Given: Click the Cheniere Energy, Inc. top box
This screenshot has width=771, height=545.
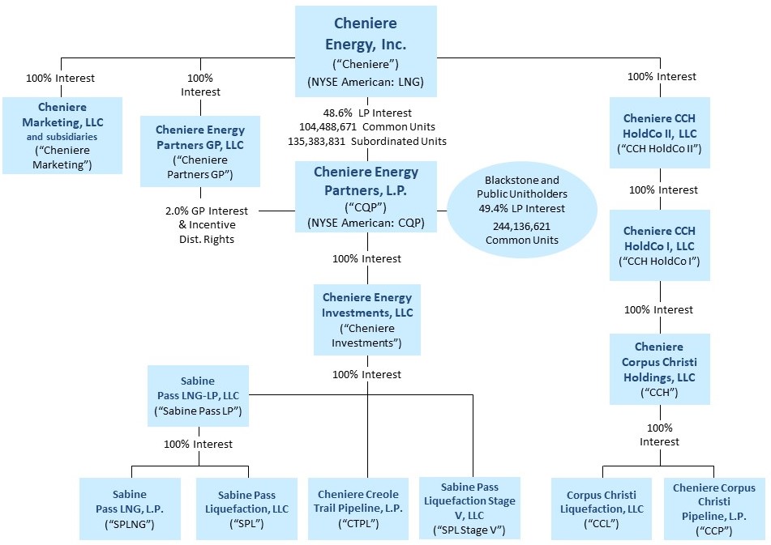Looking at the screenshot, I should tap(366, 50).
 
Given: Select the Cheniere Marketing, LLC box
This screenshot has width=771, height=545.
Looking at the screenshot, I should tap(62, 135).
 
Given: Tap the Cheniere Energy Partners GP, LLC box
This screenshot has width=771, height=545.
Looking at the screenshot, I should tap(200, 151).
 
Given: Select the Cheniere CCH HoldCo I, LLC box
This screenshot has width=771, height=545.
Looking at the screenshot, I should tap(659, 245).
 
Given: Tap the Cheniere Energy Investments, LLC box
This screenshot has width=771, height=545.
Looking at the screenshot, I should tap(367, 319).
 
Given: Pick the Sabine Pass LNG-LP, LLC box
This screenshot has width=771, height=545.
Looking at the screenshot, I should tap(199, 395).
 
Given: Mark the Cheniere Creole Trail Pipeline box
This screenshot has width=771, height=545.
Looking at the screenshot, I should tap(358, 509).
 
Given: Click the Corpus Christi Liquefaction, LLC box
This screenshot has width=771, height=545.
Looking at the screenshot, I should tap(601, 509).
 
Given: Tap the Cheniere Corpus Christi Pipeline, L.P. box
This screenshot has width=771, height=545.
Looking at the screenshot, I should tap(713, 509).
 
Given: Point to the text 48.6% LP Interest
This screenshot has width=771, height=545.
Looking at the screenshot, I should tap(366, 113).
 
